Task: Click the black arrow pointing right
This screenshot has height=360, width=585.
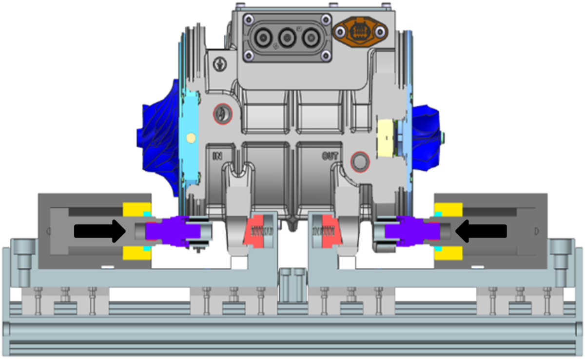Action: [x=100, y=231]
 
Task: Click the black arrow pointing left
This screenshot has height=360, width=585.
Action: [x=481, y=231]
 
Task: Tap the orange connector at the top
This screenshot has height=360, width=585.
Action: [x=360, y=32]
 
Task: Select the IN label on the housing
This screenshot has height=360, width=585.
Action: [x=217, y=156]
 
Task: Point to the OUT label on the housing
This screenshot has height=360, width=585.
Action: [x=330, y=156]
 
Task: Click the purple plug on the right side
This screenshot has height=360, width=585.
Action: [x=412, y=231]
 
